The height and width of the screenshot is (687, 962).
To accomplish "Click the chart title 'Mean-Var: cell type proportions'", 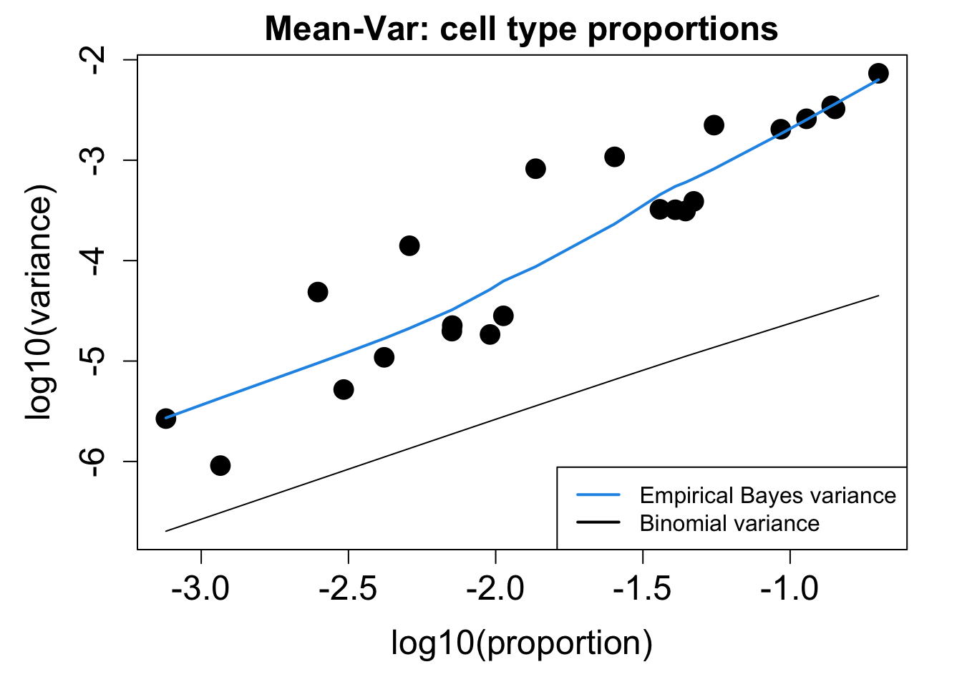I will [x=521, y=29].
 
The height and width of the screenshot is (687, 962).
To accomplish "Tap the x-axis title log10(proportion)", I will [x=521, y=643].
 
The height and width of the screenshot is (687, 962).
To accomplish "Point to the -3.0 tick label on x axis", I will [x=201, y=590].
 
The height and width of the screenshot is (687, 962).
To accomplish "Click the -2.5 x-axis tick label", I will [x=349, y=590].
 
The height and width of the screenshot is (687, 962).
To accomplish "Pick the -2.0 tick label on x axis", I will [x=495, y=590].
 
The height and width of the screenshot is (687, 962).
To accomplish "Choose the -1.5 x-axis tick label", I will [x=643, y=590].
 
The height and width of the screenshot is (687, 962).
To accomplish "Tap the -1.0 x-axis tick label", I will [x=789, y=590].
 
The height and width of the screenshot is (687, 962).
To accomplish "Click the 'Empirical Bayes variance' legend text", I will [x=767, y=495].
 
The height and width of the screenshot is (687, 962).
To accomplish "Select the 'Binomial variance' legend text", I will [x=729, y=523].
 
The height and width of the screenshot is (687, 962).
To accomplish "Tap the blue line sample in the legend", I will [x=598, y=494].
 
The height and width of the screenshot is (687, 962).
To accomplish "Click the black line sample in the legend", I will [x=598, y=522].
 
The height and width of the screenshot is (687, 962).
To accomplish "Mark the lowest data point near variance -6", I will [x=220, y=466].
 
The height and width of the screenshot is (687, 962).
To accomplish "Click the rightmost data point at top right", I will [x=878, y=73].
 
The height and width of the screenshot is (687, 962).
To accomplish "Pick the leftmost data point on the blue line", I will [x=166, y=419].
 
